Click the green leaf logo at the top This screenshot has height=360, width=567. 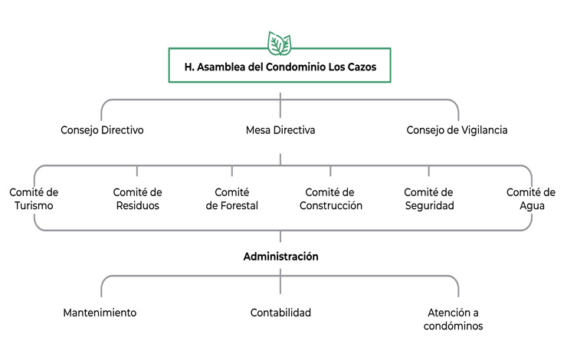[x=280, y=42]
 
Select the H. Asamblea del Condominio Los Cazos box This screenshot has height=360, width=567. [x=280, y=66]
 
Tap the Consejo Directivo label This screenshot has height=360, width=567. [x=102, y=130]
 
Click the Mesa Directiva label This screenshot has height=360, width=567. [x=280, y=130]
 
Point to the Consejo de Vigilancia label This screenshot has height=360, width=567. [x=457, y=130]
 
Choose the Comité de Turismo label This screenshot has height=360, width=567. [x=34, y=199]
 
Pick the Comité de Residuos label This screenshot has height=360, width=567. [x=137, y=199]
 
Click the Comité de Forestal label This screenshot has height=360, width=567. [x=232, y=199]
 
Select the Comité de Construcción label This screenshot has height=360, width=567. [x=330, y=199]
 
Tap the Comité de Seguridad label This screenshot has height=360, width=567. [x=429, y=199]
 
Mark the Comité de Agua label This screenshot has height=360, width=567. [x=531, y=199]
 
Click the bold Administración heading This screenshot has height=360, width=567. [x=280, y=257]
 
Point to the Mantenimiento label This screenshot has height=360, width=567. [x=100, y=313]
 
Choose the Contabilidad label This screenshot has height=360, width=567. [x=280, y=313]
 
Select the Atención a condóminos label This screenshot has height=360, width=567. [x=457, y=319]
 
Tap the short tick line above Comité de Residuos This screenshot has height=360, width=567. [x=137, y=172]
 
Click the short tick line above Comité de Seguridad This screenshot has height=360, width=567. [x=429, y=172]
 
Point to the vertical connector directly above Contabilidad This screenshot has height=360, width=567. [x=280, y=285]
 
